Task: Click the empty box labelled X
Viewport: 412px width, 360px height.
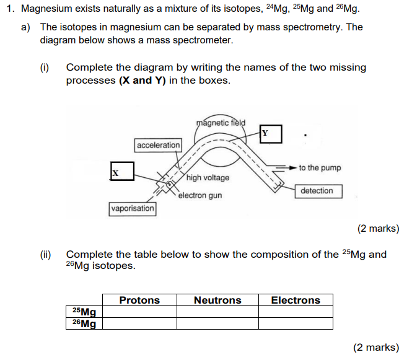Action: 122,171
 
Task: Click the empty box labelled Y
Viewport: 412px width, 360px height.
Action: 271,134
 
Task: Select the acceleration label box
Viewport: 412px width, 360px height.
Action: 158,145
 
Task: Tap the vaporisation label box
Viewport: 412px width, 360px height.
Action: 133,209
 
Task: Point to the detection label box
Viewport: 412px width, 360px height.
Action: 317,191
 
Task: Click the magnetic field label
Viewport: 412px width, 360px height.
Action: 221,122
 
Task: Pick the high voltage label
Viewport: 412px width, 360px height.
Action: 208,178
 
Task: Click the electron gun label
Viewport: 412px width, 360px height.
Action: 199,196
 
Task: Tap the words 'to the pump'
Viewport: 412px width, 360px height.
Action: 320,168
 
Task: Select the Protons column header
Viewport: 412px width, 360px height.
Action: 139,301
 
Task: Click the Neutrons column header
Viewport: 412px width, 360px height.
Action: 217,301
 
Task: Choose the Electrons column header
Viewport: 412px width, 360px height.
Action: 296,301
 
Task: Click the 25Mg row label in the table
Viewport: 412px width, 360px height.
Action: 84,312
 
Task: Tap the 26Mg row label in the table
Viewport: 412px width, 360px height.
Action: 84,323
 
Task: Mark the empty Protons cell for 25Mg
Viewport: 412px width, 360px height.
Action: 139,312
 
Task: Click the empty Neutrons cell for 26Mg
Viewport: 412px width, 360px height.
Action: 217,323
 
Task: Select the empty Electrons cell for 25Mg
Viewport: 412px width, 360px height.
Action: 296,312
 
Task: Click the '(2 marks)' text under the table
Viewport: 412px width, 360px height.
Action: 376,348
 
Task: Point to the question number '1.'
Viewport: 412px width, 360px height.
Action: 9,9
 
